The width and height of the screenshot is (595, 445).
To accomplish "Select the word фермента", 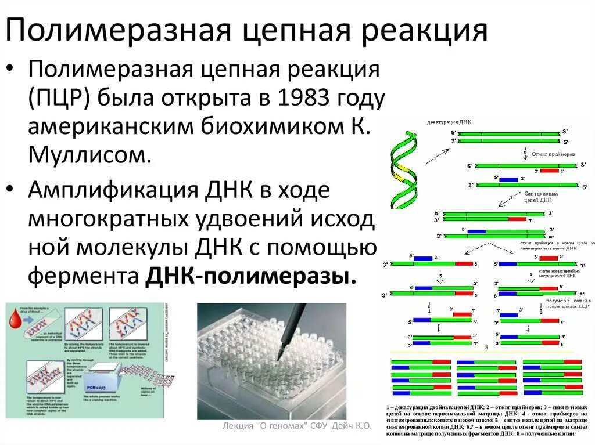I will click(81, 276).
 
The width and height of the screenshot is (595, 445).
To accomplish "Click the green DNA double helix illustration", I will click(403, 168).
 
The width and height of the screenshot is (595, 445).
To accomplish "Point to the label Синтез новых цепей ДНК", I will click(541, 196).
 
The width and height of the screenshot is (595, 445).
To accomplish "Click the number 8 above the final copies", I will click(486, 347).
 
